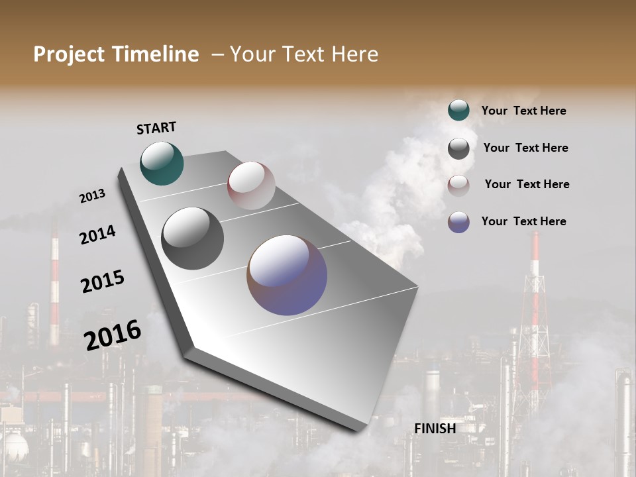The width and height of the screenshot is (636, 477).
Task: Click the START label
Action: coord(156,128)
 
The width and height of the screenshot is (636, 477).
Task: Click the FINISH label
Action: coord(435,429)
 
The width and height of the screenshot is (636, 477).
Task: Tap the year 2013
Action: coord(92,196)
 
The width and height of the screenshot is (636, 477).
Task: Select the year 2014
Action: coord(97,235)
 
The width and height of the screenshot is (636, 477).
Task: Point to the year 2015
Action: coord(103,282)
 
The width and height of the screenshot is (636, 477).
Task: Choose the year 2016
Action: coord(113,335)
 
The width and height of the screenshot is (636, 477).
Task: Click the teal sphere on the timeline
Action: coord(162,163)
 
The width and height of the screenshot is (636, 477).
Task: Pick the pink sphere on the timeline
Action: coord(251,185)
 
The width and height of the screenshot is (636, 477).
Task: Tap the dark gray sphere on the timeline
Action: coord(192,238)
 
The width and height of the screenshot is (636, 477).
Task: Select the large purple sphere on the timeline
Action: coord(287,275)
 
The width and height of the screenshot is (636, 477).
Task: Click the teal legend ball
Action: coord(458,111)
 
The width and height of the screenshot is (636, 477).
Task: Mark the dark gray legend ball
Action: coord(458,148)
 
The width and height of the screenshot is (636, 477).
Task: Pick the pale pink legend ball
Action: coord(458,185)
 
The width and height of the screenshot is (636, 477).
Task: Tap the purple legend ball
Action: coord(458,222)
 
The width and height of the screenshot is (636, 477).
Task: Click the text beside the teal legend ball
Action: coord(523,111)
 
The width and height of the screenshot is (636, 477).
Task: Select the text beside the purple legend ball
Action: coord(523,221)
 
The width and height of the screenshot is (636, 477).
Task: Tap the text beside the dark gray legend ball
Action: coord(525,148)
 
